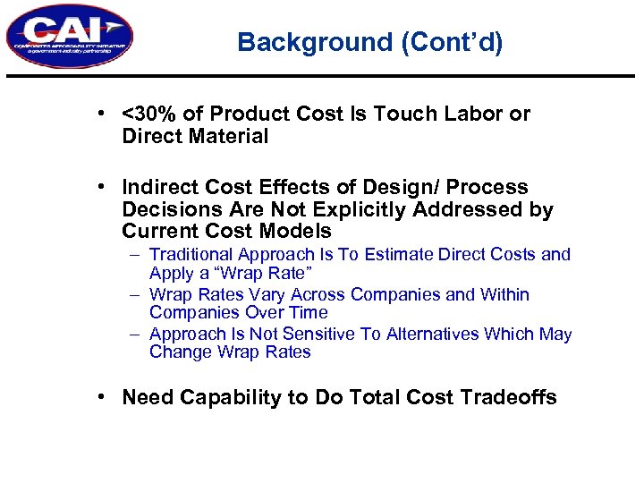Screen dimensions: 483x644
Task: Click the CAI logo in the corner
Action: pyautogui.click(x=69, y=37)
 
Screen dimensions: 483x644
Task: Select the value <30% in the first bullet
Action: pyautogui.click(x=145, y=114)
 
